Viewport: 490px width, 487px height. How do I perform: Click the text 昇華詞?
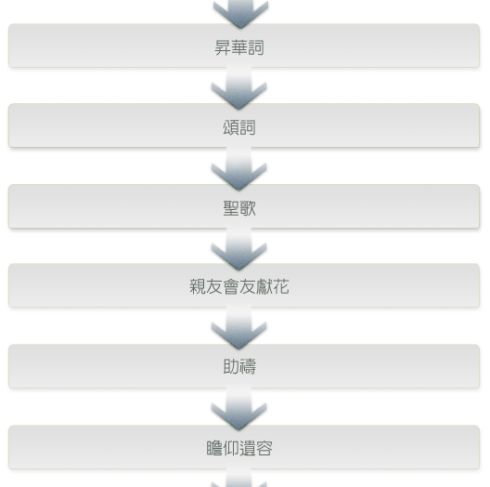tap(239, 47)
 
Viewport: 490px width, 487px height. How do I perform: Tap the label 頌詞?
tap(239, 127)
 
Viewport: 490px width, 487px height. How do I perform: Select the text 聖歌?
tap(239, 208)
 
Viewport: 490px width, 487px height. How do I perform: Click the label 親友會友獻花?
tap(239, 286)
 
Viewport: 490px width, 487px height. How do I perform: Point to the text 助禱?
tap(239, 366)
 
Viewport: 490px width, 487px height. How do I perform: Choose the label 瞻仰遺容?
tap(239, 448)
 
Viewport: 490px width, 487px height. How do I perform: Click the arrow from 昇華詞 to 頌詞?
tap(239, 86)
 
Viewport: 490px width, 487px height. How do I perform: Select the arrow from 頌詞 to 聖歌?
tap(239, 166)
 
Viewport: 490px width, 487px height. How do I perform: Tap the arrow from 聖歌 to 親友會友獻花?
tap(239, 247)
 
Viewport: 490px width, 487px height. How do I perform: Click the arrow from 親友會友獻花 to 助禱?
tap(239, 327)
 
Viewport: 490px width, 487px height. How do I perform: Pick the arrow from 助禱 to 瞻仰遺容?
tap(239, 408)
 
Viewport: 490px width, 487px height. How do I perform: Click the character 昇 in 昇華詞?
tap(223, 47)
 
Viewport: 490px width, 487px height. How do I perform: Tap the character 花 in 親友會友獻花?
tap(281, 286)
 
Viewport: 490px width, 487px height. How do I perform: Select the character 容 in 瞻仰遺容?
tap(264, 448)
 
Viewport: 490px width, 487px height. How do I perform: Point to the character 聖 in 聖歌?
tap(231, 208)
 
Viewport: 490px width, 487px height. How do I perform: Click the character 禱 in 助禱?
tap(248, 366)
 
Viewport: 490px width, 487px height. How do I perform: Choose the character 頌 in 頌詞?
tap(231, 127)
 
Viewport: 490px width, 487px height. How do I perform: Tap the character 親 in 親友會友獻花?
tap(198, 286)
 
